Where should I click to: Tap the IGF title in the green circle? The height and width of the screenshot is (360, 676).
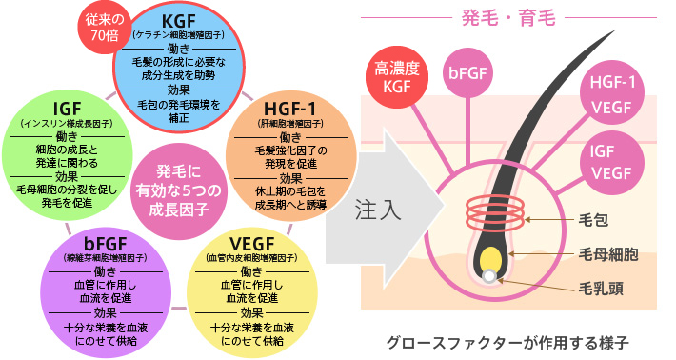68,105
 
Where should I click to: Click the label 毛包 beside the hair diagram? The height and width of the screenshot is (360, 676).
593,221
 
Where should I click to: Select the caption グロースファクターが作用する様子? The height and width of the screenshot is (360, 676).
508,340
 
